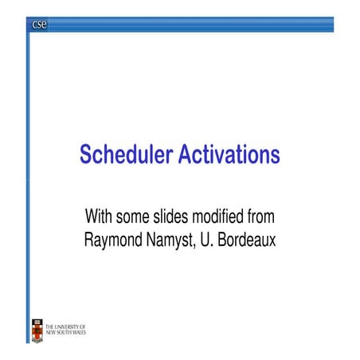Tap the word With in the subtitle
[x=100, y=217]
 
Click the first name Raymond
[x=115, y=238]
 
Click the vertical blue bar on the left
[x=29, y=159]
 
